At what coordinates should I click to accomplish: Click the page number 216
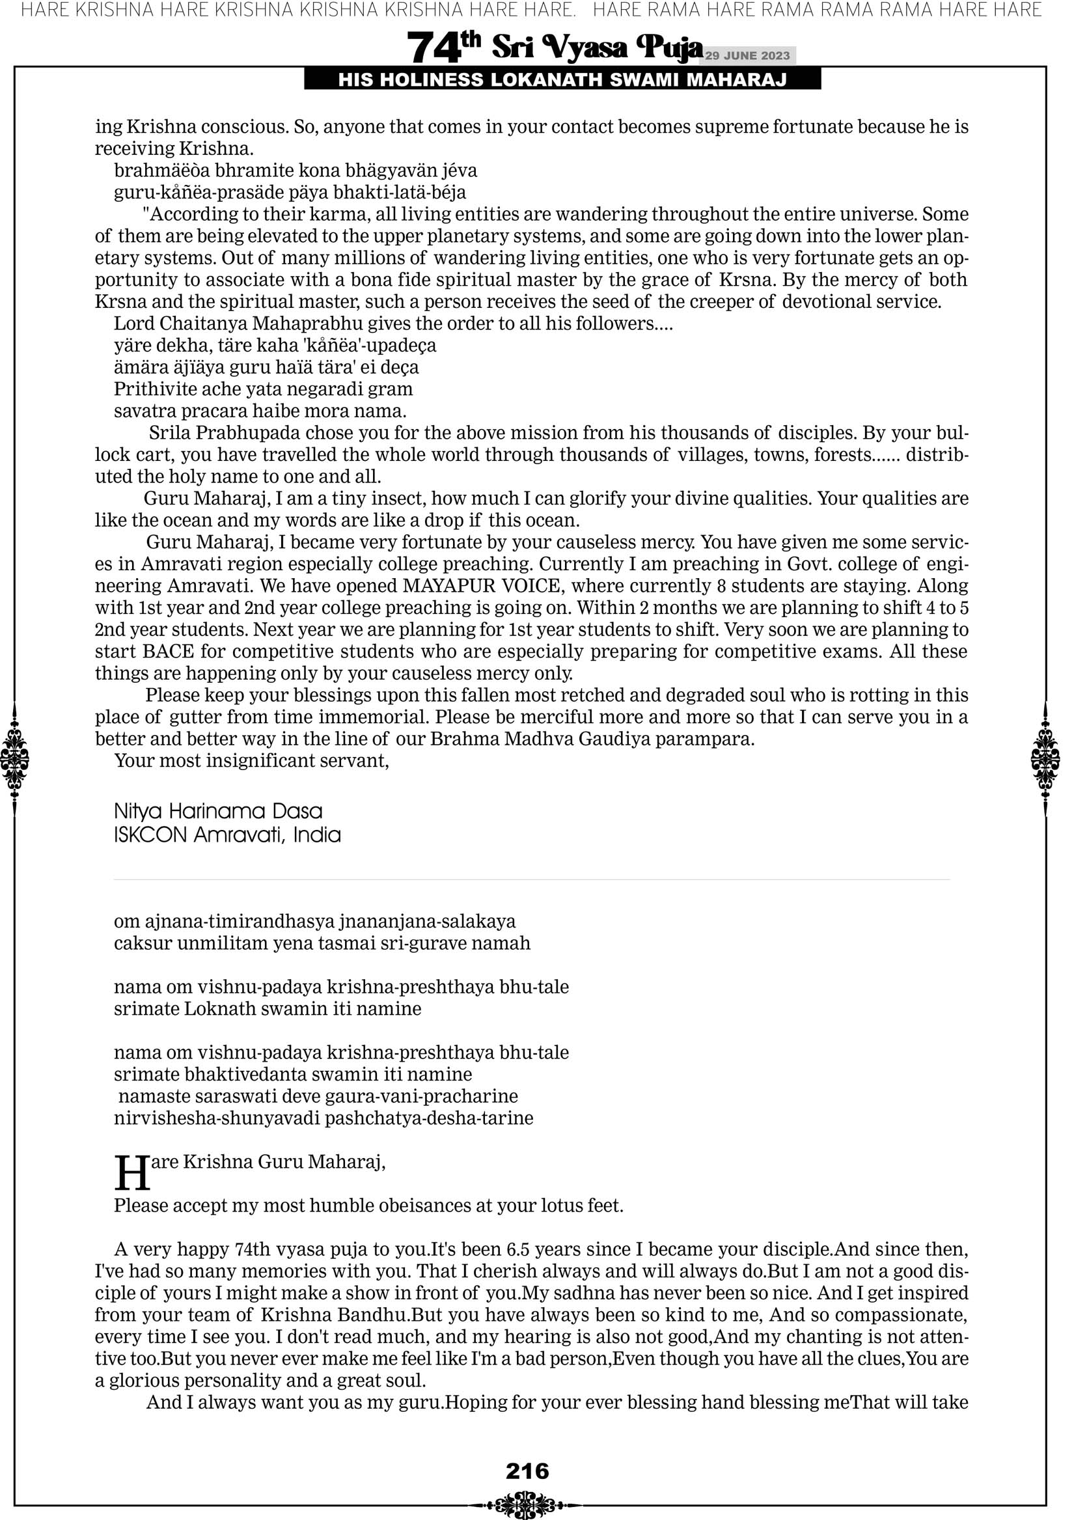point(527,1471)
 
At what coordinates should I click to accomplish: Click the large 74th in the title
point(443,48)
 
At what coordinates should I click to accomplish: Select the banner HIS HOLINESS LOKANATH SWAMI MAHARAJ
point(562,80)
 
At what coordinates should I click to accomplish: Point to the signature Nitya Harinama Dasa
point(218,811)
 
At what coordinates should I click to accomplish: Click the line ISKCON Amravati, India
point(227,835)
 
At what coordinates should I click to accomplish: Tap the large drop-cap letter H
point(131,1174)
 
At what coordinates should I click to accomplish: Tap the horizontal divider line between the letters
point(532,880)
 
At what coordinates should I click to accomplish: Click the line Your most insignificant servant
point(252,761)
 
